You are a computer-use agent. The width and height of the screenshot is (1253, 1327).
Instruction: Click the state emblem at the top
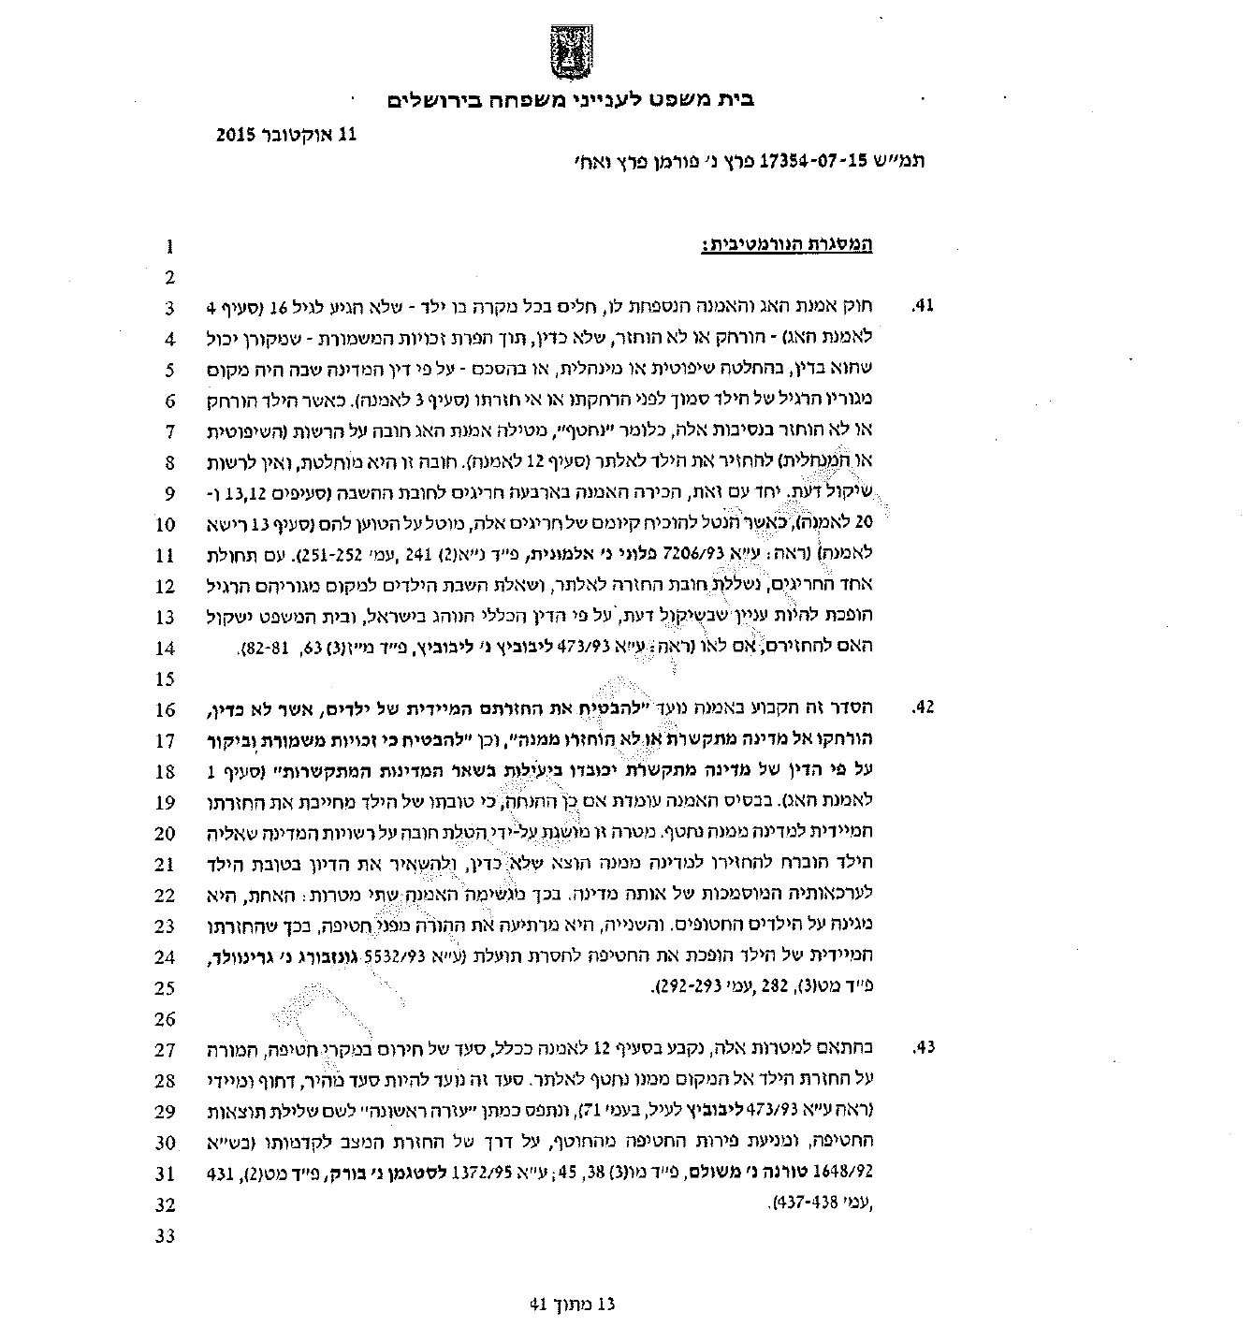pos(570,54)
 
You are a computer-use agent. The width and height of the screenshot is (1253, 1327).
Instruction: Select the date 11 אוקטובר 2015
pos(286,134)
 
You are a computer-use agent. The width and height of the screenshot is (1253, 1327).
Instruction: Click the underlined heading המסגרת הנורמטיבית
pos(786,246)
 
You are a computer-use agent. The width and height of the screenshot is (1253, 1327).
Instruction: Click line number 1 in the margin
pos(169,248)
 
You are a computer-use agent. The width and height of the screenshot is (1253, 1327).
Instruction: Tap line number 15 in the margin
pos(166,678)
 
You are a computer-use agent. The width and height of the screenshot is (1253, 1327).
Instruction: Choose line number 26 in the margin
pos(166,1018)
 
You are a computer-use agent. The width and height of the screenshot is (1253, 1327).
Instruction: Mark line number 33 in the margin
pos(166,1235)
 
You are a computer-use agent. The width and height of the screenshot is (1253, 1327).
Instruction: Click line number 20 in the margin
pos(166,833)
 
